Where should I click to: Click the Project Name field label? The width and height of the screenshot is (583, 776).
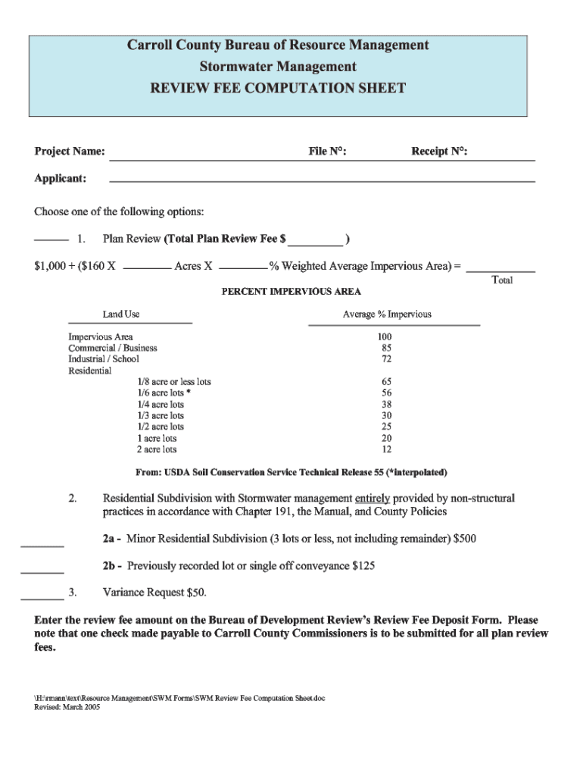(x=70, y=152)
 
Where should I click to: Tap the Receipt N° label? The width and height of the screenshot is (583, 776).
(x=438, y=152)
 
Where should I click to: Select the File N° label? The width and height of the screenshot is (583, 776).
(x=327, y=152)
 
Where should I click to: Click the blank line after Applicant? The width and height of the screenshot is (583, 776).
(x=322, y=180)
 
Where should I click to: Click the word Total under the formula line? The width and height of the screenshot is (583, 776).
(x=502, y=280)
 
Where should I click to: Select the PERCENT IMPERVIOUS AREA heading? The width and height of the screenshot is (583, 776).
(x=291, y=292)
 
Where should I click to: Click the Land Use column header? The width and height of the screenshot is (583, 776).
(x=121, y=314)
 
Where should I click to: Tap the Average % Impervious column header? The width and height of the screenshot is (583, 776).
(x=387, y=314)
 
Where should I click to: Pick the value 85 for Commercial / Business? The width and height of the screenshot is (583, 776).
(x=386, y=348)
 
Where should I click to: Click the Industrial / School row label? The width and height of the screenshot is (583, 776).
(x=104, y=359)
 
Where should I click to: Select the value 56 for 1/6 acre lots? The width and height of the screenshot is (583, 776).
(x=386, y=393)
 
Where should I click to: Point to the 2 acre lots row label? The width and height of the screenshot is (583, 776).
(x=157, y=449)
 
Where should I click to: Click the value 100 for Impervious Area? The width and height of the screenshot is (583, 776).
(x=385, y=336)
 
